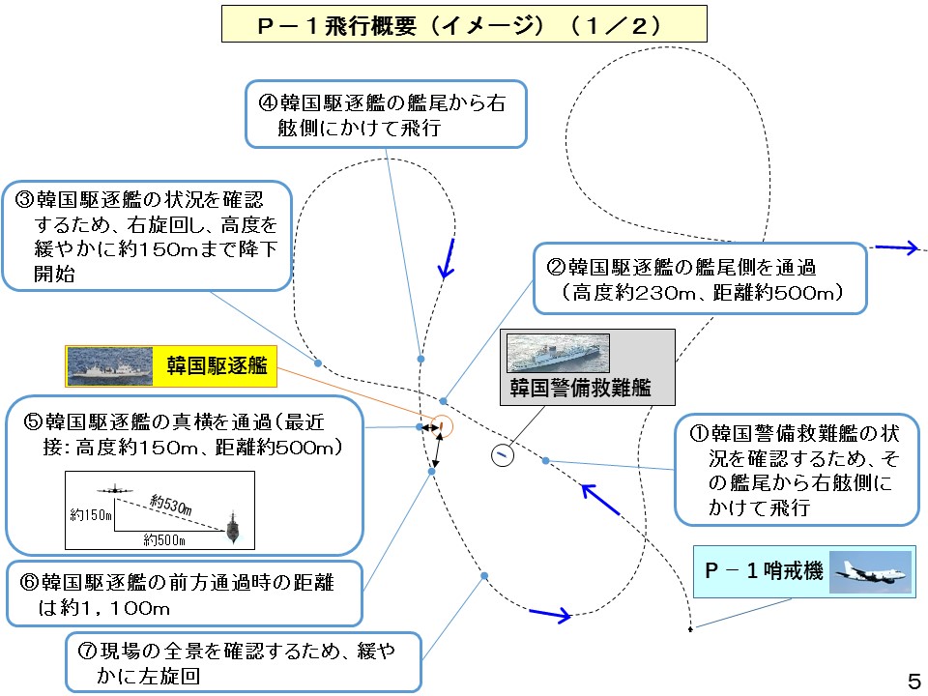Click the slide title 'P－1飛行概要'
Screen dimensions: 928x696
pyautogui.click(x=337, y=25)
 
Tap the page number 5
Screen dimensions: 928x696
pyautogui.click(x=914, y=681)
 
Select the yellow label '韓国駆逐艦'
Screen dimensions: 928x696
pyautogui.click(x=217, y=365)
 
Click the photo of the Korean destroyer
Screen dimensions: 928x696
pyautogui.click(x=109, y=366)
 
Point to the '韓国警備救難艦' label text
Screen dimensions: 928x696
pyautogui.click(x=581, y=388)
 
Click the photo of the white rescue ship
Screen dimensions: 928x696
pyautogui.click(x=558, y=353)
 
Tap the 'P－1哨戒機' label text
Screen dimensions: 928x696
pyautogui.click(x=764, y=570)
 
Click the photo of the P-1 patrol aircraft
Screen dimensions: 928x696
pyautogui.click(x=870, y=571)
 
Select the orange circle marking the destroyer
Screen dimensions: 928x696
pyautogui.click(x=441, y=426)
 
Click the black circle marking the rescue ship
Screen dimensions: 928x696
pyautogui.click(x=503, y=455)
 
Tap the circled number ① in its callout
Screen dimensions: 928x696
pyautogui.click(x=700, y=434)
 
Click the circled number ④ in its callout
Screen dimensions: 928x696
pyautogui.click(x=268, y=103)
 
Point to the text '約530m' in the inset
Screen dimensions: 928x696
pyautogui.click(x=170, y=505)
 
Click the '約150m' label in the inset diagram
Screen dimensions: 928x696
pyautogui.click(x=91, y=515)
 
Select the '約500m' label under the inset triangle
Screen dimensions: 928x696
pyautogui.click(x=164, y=539)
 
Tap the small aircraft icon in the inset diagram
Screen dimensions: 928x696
pyautogui.click(x=115, y=490)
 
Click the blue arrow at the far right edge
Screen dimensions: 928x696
pyautogui.click(x=896, y=247)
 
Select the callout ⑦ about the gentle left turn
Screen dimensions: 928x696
pyautogui.click(x=244, y=662)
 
